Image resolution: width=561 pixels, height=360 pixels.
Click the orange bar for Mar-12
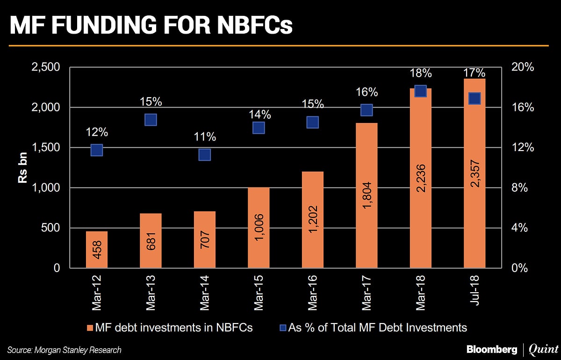(97, 250)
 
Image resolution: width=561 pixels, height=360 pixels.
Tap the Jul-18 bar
(475, 173)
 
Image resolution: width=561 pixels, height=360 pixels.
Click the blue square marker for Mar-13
(151, 120)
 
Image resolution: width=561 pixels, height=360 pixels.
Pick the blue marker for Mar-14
(205, 155)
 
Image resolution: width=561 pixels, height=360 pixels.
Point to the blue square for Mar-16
(313, 122)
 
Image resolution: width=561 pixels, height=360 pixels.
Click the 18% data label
(421, 73)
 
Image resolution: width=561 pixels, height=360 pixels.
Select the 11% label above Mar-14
(205, 137)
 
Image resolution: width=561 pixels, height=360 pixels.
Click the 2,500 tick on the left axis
(45, 67)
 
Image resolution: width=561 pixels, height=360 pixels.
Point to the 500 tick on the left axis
(50, 228)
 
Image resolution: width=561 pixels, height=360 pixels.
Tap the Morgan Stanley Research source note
(65, 350)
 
